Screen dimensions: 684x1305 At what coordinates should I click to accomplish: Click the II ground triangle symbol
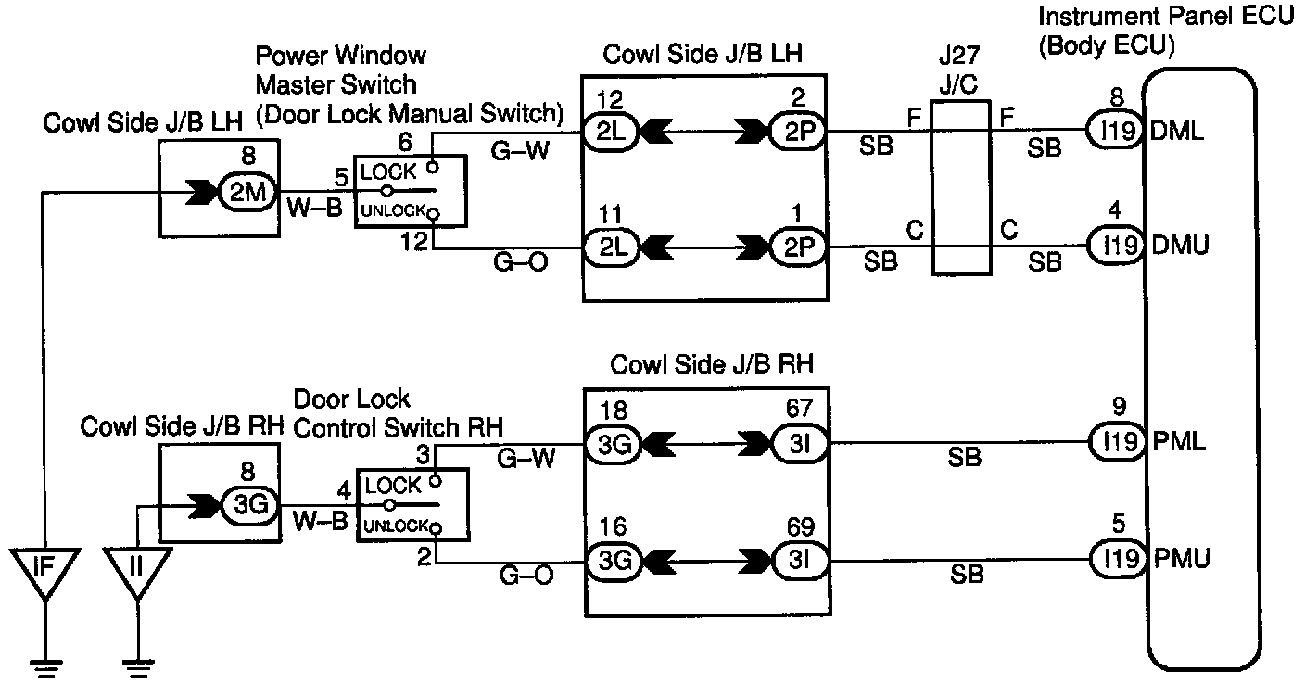[136, 568]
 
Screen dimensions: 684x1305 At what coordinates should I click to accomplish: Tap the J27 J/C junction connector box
[958, 189]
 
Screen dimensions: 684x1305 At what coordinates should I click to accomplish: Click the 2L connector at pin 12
[609, 133]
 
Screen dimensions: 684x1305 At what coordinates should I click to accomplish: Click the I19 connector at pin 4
[1116, 246]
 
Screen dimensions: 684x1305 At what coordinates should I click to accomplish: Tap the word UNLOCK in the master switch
[393, 211]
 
